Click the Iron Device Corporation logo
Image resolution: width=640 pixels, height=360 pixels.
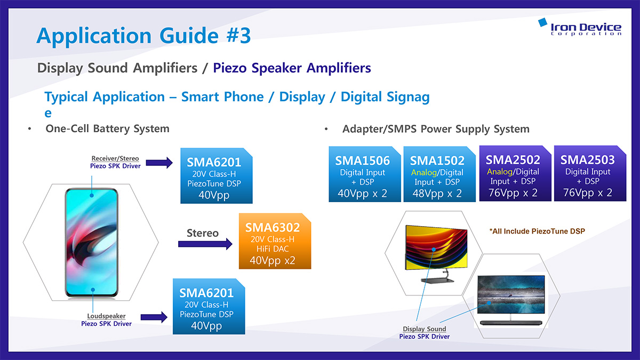click(580, 27)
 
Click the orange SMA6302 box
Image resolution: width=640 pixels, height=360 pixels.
click(275, 241)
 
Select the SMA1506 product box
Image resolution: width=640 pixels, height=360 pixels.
click(365, 174)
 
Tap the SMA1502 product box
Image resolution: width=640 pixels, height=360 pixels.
click(439, 174)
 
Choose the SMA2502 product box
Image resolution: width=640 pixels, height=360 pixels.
click(515, 173)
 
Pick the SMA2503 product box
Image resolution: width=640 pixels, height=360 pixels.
click(590, 173)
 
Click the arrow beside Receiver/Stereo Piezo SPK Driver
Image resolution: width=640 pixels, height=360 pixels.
click(159, 163)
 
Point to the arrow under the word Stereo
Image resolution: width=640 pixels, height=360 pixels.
click(205, 244)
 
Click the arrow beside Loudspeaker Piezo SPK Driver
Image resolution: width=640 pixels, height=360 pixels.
click(154, 317)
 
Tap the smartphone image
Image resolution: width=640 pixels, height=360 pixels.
click(92, 243)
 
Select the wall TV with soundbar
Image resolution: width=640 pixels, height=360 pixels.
click(511, 300)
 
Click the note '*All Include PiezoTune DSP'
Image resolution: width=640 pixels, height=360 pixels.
click(537, 231)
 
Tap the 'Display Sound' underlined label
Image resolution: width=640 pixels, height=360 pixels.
click(425, 329)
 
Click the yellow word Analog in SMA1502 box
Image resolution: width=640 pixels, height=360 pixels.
click(423, 173)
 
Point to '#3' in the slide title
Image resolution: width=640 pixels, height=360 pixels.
click(238, 35)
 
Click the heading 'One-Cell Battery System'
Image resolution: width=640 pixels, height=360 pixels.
click(107, 129)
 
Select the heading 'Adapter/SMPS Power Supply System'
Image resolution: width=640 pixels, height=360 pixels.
click(436, 129)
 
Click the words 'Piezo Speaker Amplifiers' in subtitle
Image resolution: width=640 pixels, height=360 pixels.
click(292, 68)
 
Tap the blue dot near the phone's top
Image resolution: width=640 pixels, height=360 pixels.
click(92, 195)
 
